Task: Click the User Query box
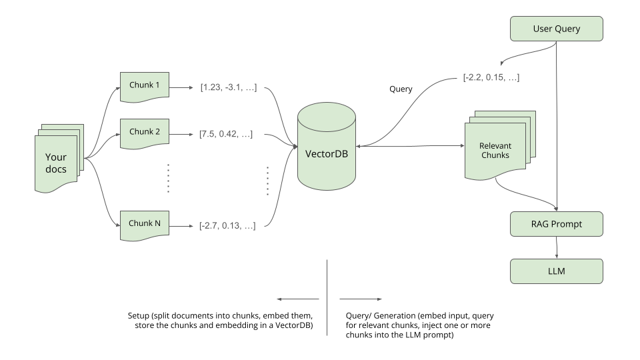point(557,29)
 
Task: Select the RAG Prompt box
point(557,224)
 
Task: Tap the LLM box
point(557,271)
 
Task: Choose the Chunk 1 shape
point(145,86)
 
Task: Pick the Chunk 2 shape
point(145,132)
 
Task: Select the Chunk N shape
point(145,224)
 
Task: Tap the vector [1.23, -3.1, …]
point(227,87)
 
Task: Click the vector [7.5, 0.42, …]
point(225,134)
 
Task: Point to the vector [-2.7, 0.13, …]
point(227,226)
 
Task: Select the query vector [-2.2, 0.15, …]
point(491,77)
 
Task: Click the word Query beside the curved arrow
point(401,89)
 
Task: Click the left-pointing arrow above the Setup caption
point(297,299)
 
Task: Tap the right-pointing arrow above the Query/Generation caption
point(360,299)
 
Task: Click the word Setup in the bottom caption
point(139,315)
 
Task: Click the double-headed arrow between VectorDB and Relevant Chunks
point(410,146)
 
